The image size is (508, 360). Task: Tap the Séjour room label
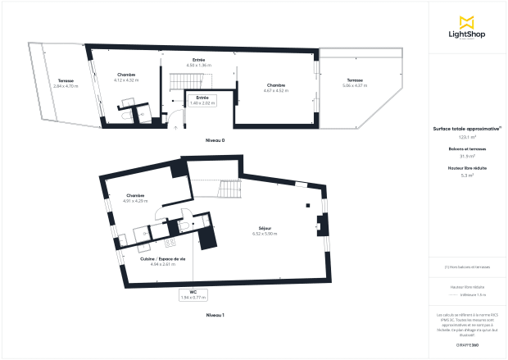click(264, 230)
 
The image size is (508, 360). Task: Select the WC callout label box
click(193, 295)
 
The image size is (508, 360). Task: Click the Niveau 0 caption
click(215, 140)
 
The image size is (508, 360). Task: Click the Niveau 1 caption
click(215, 315)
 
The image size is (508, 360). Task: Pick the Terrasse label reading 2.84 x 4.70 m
click(66, 83)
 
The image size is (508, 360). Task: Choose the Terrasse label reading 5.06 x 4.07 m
click(354, 83)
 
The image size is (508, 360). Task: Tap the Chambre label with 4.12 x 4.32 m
click(126, 77)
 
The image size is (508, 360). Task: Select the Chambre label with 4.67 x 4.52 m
click(275, 88)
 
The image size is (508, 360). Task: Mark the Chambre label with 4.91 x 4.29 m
click(135, 198)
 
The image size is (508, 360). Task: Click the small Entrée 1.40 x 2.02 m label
click(202, 100)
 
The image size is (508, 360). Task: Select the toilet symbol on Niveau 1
click(185, 225)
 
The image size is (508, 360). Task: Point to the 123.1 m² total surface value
click(467, 137)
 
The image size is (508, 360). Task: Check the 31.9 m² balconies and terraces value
click(467, 156)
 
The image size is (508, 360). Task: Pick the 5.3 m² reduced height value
click(467, 175)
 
